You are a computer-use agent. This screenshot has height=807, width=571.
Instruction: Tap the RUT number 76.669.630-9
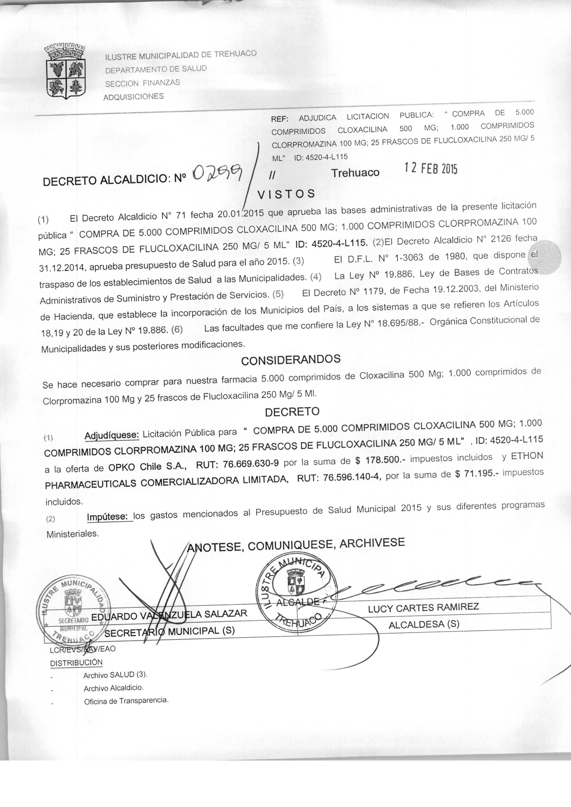tap(251, 463)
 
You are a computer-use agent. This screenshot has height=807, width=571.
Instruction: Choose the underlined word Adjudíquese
tap(112, 435)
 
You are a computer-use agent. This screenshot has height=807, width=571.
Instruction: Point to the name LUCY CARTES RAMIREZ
tap(423, 607)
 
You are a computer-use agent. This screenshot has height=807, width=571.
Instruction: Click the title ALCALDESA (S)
tap(424, 625)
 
